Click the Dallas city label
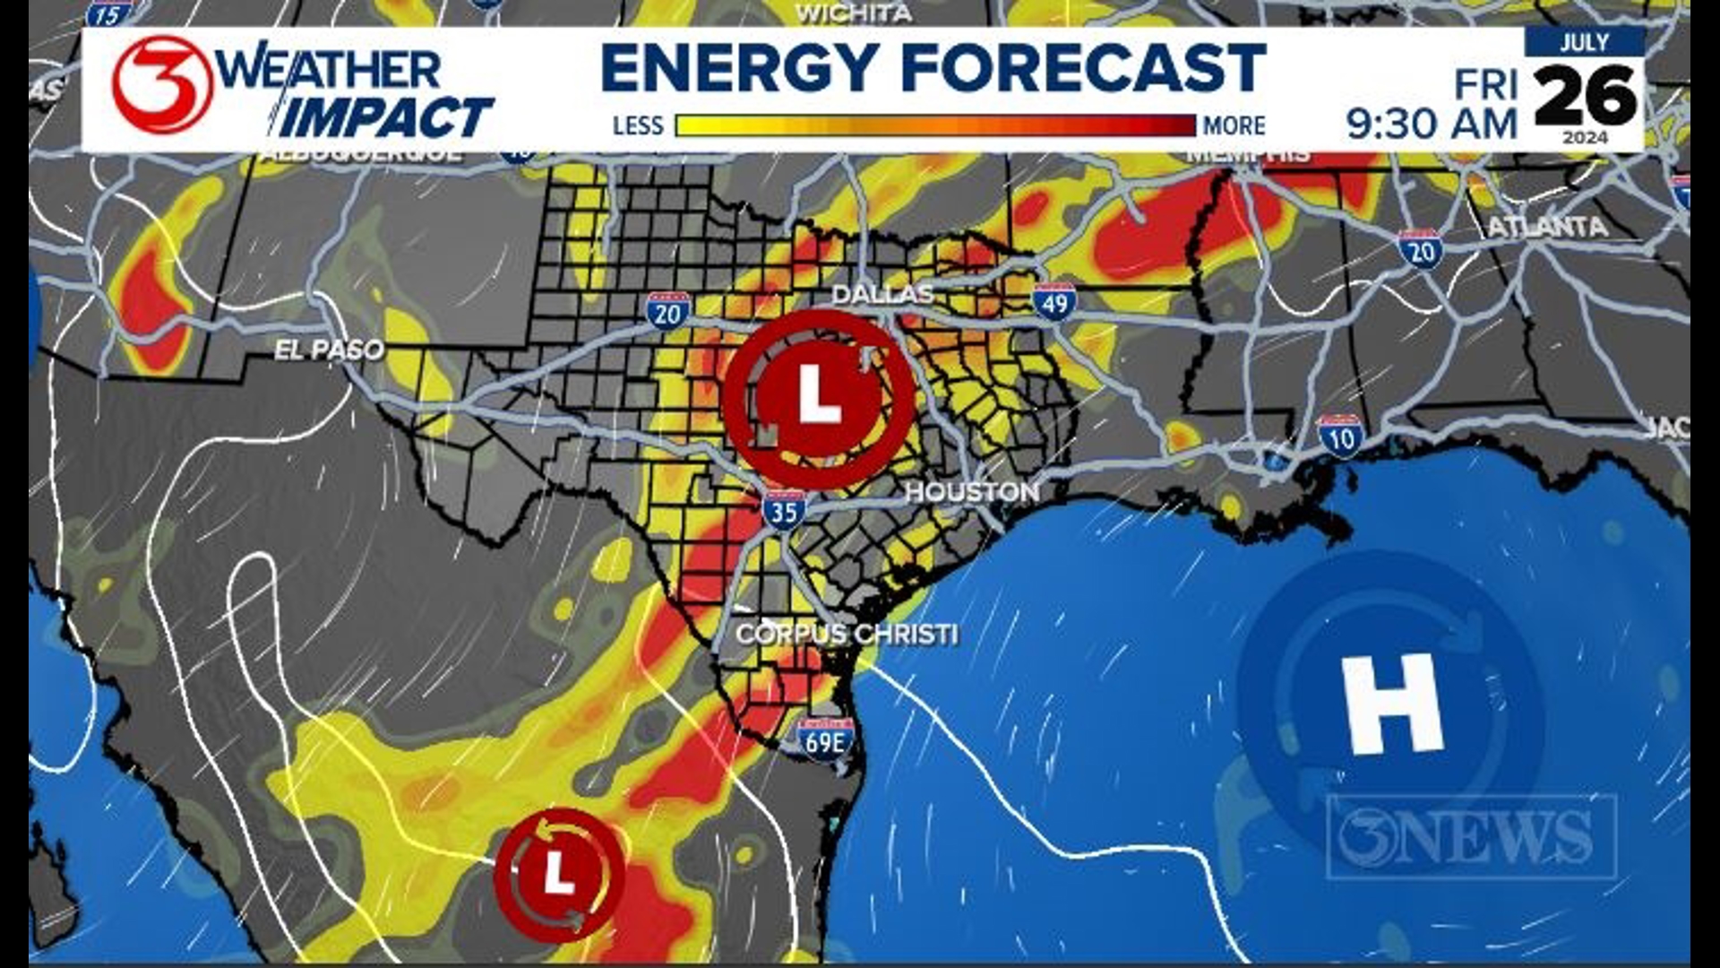click(x=882, y=294)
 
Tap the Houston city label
click(x=972, y=492)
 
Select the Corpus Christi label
click(x=847, y=635)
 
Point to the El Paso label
click(x=329, y=350)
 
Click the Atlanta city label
click(x=1547, y=227)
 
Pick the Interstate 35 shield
click(x=784, y=511)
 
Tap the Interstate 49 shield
click(x=1053, y=302)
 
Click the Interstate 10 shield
click(x=1341, y=436)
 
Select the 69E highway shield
click(x=825, y=739)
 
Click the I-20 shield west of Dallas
click(x=667, y=311)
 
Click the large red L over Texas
click(x=819, y=396)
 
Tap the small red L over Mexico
click(x=559, y=872)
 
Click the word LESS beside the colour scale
click(x=638, y=125)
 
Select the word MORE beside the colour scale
click(x=1234, y=125)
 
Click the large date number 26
click(x=1585, y=96)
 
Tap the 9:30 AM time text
click(x=1432, y=124)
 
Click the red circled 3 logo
click(x=162, y=85)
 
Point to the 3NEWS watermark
click(x=1471, y=835)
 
